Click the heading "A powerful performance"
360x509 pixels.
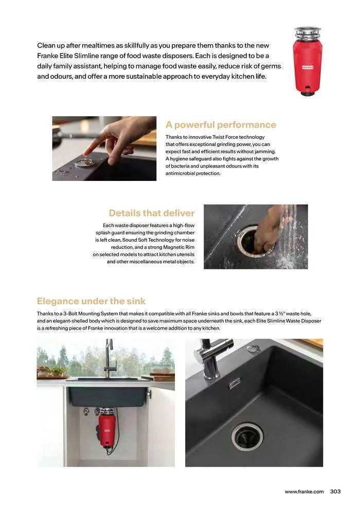click(x=221, y=125)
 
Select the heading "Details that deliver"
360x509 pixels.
click(x=152, y=213)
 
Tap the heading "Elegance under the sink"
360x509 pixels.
click(x=91, y=301)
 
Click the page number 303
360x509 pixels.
click(x=335, y=492)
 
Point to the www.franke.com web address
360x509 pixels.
click(x=304, y=492)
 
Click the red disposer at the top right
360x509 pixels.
click(x=308, y=62)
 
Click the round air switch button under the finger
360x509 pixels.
click(x=85, y=162)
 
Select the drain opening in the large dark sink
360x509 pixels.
click(x=247, y=437)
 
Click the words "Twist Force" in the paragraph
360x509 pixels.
click(x=225, y=137)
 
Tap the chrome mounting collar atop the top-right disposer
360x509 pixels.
click(x=308, y=32)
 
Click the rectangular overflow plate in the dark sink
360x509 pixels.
click(x=234, y=383)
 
